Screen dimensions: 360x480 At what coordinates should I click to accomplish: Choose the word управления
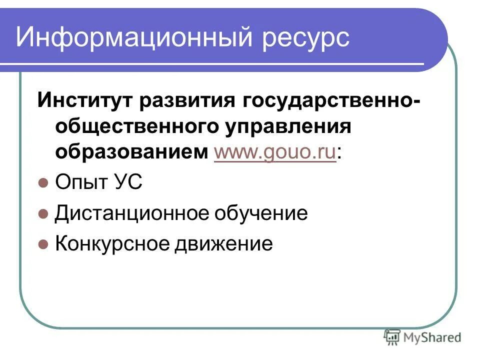coord(287,127)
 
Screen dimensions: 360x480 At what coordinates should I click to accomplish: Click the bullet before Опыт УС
coord(43,183)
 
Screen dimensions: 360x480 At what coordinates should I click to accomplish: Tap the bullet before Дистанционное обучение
coord(43,214)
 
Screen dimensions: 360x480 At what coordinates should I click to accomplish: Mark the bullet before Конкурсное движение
coord(43,244)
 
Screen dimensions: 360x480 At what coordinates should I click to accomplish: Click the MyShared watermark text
coord(432,337)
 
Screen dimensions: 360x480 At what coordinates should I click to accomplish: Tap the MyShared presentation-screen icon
coord(392,337)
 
